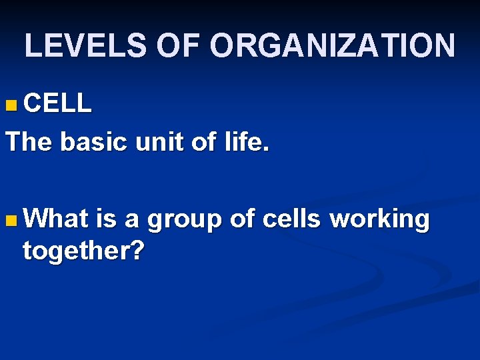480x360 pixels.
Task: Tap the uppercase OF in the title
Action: [x=182, y=45]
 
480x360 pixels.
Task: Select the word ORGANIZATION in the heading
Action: [x=333, y=45]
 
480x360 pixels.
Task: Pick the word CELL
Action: [x=57, y=103]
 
